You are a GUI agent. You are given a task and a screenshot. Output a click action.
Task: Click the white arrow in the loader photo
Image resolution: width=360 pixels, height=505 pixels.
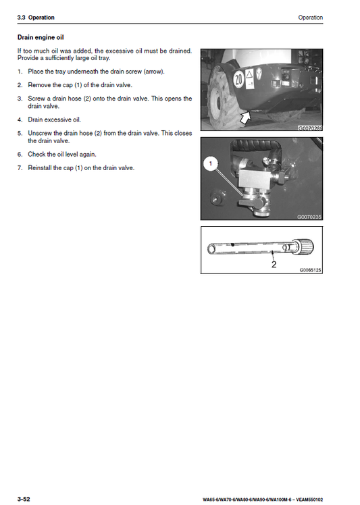click(x=240, y=119)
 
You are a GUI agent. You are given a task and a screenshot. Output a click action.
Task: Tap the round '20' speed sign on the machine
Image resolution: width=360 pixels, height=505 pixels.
click(x=238, y=79)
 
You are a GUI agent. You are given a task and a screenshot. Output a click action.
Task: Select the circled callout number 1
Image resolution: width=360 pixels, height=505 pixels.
click(x=209, y=163)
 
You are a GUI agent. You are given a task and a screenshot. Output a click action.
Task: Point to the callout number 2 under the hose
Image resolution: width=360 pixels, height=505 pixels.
click(x=274, y=265)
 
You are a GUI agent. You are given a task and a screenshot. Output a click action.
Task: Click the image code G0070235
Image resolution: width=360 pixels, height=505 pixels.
click(x=310, y=217)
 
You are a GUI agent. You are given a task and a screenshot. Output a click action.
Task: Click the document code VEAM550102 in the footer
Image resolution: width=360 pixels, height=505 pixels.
click(x=308, y=500)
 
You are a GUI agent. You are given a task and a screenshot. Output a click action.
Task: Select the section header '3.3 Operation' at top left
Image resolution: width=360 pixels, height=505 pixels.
click(x=36, y=18)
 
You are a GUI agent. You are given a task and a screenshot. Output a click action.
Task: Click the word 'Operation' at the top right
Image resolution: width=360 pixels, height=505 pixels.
click(x=310, y=18)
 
